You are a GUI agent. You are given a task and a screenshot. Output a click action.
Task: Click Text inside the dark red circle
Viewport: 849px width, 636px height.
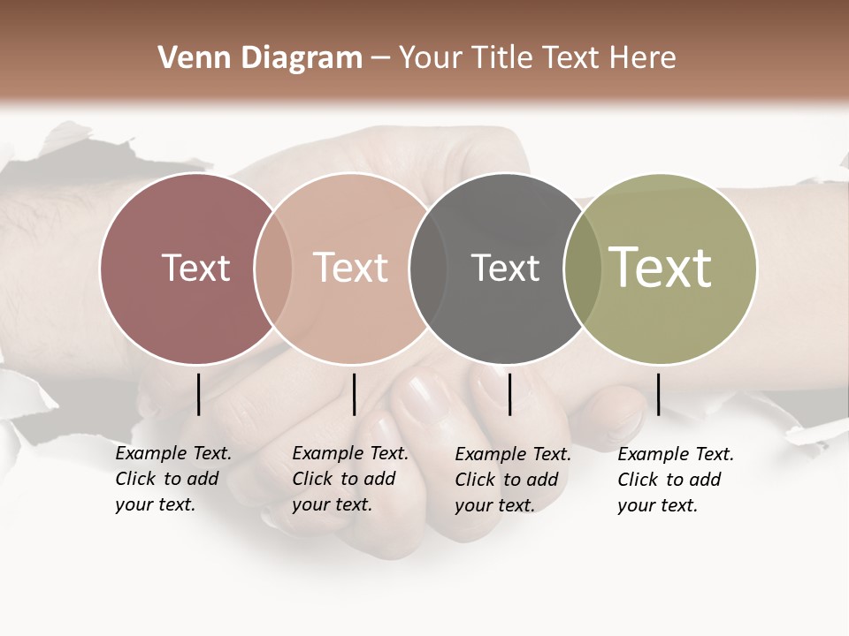tap(195, 268)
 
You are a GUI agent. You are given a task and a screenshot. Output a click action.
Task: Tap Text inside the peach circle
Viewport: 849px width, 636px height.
tap(351, 268)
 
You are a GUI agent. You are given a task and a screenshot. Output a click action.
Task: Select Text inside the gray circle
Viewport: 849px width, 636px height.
tap(505, 268)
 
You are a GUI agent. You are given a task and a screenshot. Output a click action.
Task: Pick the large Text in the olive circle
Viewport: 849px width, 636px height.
tap(660, 268)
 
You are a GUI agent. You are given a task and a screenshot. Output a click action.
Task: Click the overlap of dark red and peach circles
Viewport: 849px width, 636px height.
tap(273, 268)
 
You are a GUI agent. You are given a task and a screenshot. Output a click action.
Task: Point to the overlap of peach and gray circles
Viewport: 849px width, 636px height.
tap(428, 268)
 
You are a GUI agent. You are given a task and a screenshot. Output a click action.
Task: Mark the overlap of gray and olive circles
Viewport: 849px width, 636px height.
tap(583, 268)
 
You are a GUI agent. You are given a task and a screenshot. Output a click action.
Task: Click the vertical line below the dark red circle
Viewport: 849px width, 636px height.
tap(199, 394)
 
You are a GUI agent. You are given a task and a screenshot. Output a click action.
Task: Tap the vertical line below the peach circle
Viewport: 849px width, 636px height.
tap(354, 394)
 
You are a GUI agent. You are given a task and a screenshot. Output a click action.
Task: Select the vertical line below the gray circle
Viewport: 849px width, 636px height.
tap(510, 394)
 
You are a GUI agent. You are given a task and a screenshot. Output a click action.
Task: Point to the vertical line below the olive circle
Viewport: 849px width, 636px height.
tap(658, 394)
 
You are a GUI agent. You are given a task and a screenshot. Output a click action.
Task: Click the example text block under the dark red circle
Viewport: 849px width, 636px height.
tap(173, 479)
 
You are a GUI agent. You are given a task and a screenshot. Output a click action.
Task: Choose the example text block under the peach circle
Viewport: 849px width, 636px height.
tap(350, 479)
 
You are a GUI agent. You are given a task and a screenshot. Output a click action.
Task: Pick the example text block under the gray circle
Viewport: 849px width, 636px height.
tap(513, 480)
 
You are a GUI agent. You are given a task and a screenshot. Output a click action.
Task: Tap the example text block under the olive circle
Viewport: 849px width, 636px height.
tap(676, 480)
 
